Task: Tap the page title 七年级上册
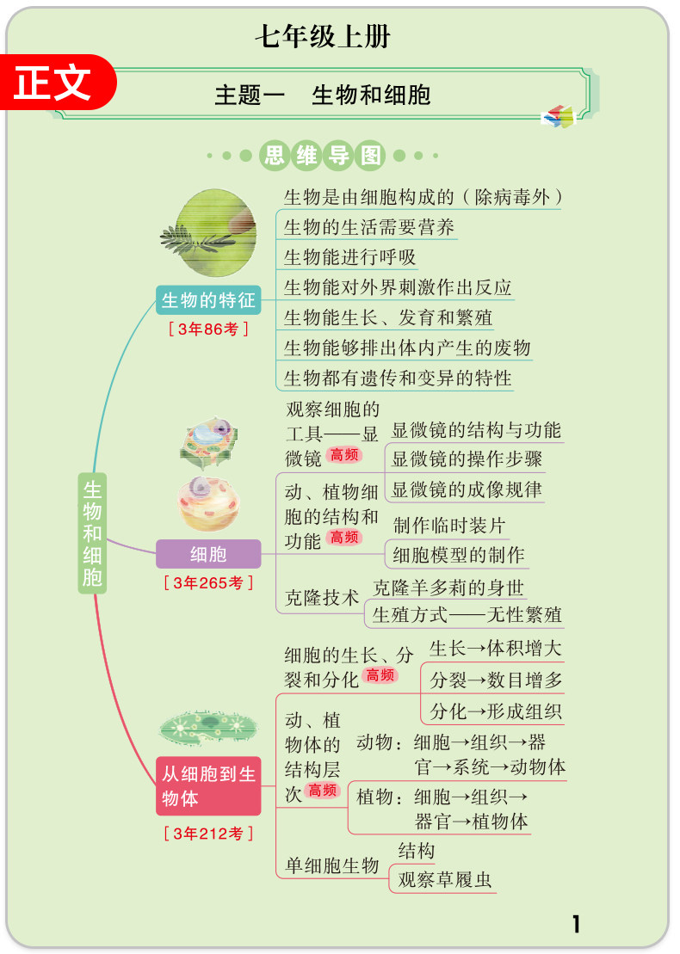323,37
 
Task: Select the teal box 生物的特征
208,300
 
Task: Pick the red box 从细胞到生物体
208,786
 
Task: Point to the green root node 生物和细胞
92,533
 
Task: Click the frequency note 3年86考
208,329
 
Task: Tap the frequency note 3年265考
208,583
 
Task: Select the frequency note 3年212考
208,833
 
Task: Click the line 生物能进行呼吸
350,256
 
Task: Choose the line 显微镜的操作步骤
467,459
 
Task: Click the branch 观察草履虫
445,880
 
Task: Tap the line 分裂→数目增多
496,680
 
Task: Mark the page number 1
576,925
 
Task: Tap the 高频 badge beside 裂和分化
380,675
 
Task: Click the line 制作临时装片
449,525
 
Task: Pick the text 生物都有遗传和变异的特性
398,378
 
